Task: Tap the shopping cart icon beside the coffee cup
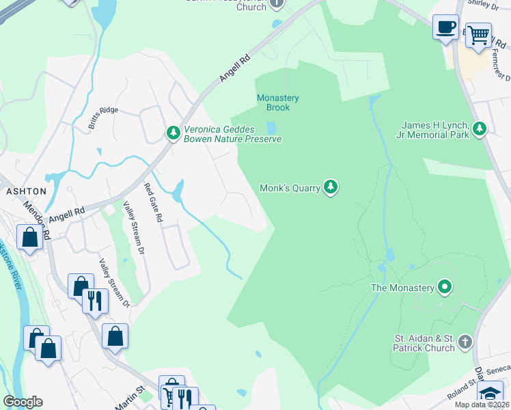478,33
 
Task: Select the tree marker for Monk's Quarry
331,187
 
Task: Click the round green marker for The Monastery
445,288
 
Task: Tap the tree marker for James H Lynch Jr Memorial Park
480,129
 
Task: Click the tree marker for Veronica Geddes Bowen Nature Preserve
174,133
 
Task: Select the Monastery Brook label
278,102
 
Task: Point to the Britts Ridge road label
98,111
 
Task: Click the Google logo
23,401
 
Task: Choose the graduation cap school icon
489,394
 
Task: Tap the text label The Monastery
402,288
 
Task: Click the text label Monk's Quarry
290,188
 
